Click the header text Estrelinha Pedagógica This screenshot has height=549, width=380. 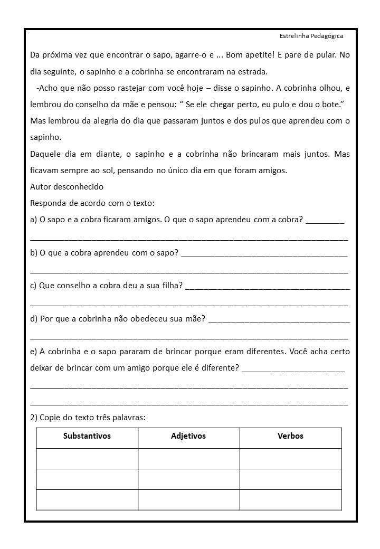click(x=311, y=36)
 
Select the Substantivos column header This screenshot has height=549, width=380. click(x=87, y=436)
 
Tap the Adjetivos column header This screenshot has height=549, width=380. click(x=188, y=436)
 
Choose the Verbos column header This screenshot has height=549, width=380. click(x=290, y=436)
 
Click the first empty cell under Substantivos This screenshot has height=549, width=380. click(x=87, y=458)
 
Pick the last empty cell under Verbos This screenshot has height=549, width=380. click(x=290, y=499)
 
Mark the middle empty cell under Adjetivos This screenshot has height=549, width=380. click(x=188, y=479)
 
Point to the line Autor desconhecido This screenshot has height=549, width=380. click(x=67, y=187)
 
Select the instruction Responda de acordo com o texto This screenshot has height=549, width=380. click(x=92, y=203)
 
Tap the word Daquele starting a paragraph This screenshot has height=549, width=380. click(x=46, y=154)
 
